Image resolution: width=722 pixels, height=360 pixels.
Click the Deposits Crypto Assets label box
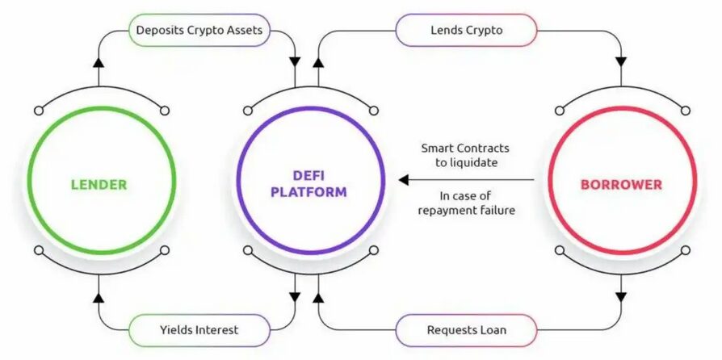199,31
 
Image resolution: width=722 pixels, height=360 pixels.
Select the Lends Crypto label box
466,31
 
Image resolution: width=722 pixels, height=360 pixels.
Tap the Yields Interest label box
199,329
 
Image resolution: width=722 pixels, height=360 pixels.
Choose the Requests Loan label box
466,329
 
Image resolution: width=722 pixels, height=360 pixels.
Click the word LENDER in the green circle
99,184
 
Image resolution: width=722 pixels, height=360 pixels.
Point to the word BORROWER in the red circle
621,184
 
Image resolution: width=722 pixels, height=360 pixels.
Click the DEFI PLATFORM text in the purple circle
308,184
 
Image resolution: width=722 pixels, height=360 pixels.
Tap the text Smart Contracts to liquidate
466,156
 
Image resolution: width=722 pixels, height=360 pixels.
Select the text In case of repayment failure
466,203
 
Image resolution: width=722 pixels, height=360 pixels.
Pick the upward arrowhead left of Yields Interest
99,298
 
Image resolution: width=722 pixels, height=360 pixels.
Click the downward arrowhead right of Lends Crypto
621,61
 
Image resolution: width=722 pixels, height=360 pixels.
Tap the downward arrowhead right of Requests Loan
621,297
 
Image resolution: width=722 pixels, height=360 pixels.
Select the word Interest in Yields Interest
216,329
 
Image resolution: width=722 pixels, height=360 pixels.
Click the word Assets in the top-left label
244,31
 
